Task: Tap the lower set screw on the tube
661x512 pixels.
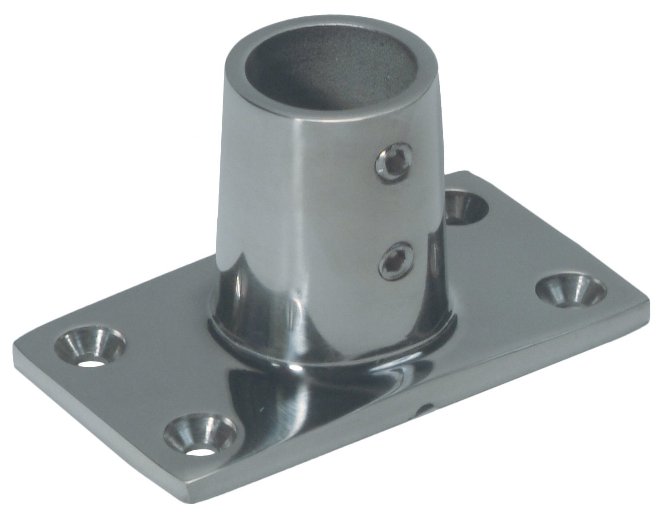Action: point(396,261)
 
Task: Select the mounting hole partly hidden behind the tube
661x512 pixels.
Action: point(464,207)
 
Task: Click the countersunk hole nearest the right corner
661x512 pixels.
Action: point(570,290)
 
